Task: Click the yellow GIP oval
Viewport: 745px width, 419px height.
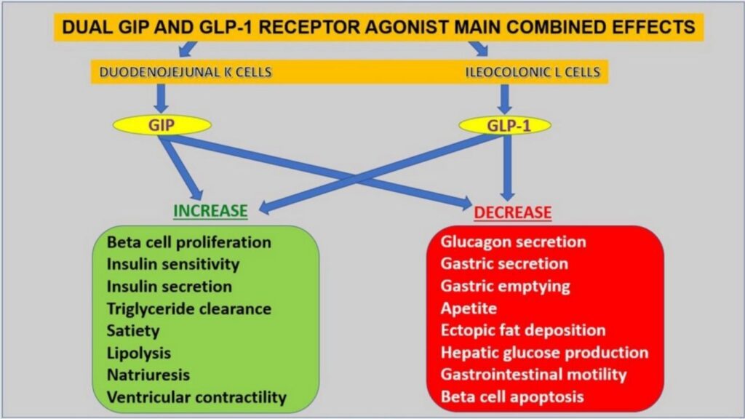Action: tap(162, 124)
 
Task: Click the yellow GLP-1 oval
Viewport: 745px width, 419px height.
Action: tap(504, 125)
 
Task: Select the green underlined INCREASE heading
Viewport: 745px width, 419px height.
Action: tap(210, 211)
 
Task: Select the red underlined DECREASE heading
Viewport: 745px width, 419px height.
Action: tap(513, 212)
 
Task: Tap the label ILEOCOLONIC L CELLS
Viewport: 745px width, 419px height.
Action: tap(533, 72)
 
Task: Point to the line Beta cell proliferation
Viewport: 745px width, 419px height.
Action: tap(188, 242)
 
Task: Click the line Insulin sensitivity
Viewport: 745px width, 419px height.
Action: tap(172, 264)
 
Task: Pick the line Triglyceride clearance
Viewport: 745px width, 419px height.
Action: tap(188, 308)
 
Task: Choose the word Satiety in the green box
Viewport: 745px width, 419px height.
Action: tap(132, 330)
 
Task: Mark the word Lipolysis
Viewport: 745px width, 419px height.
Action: tap(138, 353)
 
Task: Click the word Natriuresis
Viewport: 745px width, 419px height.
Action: tap(148, 375)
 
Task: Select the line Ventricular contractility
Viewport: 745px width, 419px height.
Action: tap(196, 398)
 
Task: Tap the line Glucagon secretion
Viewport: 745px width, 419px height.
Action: tap(513, 242)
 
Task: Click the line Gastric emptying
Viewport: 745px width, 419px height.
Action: tap(505, 286)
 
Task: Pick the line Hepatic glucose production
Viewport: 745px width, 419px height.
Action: tap(544, 353)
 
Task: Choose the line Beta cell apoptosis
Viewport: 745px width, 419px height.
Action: tap(512, 397)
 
